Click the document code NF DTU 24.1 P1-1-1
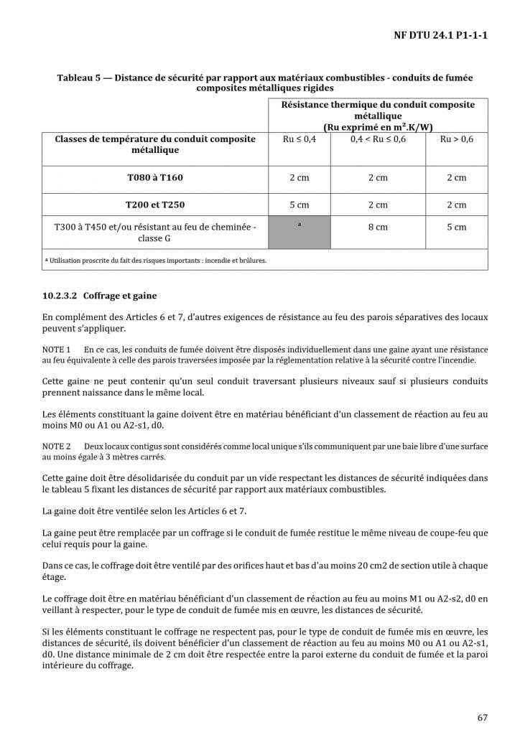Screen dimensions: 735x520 [x=440, y=34]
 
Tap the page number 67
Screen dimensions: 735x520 [x=483, y=716]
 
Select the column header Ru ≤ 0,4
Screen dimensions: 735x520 [x=299, y=139]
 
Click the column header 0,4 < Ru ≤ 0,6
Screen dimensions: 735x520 [x=378, y=139]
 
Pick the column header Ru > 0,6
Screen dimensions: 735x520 [x=456, y=139]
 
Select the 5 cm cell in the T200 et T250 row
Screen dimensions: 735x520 [x=299, y=205]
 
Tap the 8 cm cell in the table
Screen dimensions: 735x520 [x=378, y=228]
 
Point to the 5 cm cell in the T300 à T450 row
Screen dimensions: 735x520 [x=456, y=228]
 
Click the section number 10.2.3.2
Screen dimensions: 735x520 [x=60, y=296]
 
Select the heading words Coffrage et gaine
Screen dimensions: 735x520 [x=120, y=296]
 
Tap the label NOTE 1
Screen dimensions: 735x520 [x=56, y=349]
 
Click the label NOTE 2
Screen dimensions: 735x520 [x=56, y=446]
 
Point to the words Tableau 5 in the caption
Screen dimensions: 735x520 [x=78, y=78]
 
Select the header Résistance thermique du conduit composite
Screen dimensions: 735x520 [x=378, y=105]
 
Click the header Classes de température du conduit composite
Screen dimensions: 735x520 [x=155, y=139]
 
